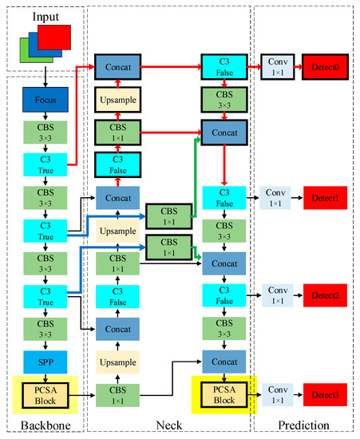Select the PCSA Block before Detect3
[x=224, y=394]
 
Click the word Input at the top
[x=45, y=17]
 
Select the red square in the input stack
[x=53, y=37]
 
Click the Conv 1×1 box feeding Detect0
[x=276, y=67]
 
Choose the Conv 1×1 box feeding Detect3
[x=276, y=394]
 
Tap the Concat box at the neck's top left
[x=118, y=68]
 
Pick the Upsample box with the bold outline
[x=118, y=100]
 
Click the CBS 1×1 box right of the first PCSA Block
[x=118, y=393]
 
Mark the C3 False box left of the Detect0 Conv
[x=224, y=67]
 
